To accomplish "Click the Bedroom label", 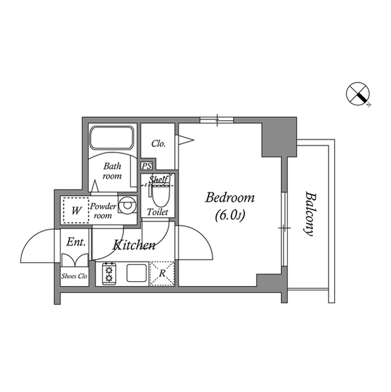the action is pos(230,197).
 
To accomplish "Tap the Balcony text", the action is pos(310,214).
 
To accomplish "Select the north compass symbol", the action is pos(358,94).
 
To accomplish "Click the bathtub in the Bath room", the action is pos(112,138).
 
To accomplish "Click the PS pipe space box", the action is pos(147,166).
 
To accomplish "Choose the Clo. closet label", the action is pos(158,144).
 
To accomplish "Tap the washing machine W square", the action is pos(76,210).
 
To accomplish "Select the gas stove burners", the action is pos(109,274).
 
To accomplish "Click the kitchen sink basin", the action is pos(136,273).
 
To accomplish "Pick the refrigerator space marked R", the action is pos(162,273).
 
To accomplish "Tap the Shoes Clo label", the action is pos(75,276).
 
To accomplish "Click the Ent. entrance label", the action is pos(76,242).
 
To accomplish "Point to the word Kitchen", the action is pos(134,245).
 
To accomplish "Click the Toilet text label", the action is pos(157,212).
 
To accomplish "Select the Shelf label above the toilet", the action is pos(158,179).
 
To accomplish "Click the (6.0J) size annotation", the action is pos(230,215).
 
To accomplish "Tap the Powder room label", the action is pos(103,211).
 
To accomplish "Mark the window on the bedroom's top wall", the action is pos(217,120).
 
